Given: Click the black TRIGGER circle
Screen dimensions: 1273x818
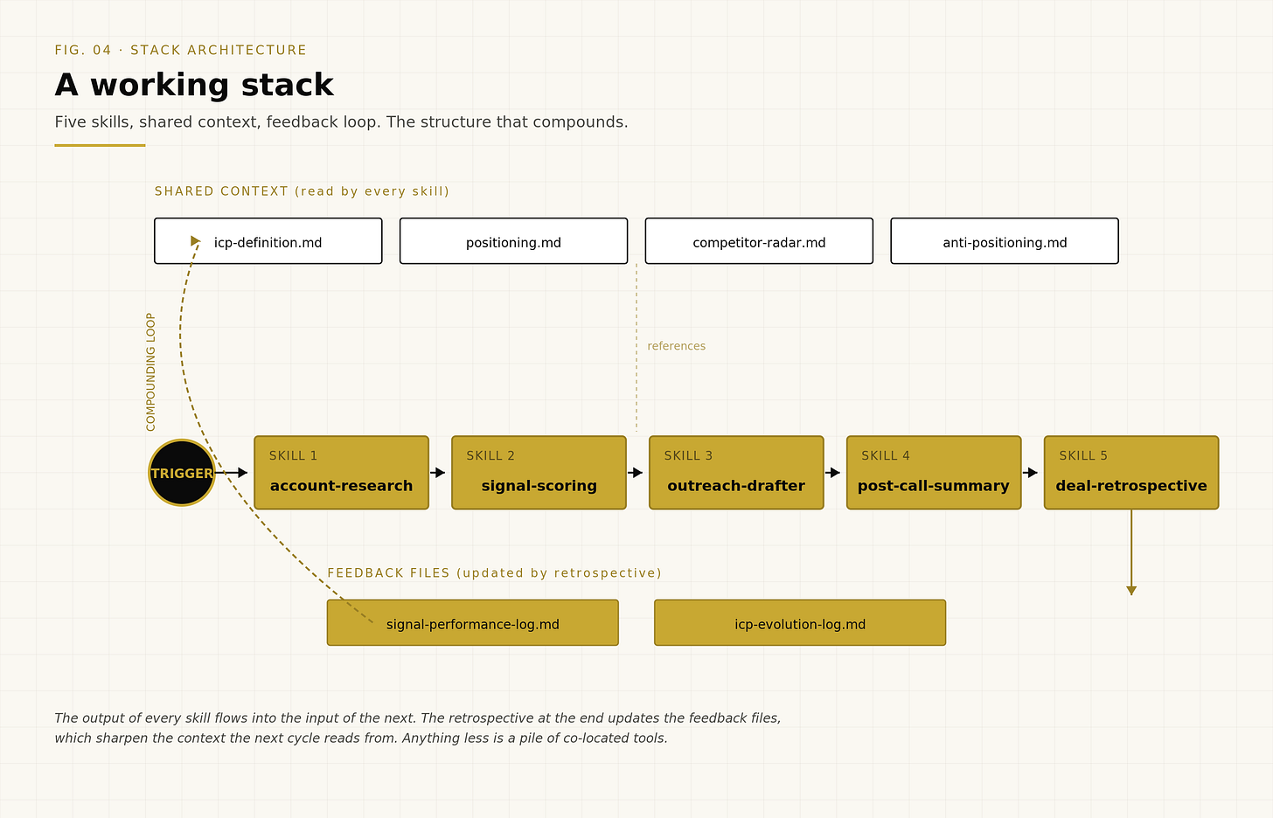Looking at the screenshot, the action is pos(181,473).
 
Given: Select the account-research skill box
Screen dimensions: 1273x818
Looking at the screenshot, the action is pos(341,473).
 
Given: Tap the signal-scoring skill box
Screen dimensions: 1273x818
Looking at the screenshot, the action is pos(539,473).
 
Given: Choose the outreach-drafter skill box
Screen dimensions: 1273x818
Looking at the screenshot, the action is pos(736,473).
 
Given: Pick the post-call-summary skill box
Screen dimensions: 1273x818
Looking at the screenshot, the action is pos(934,473).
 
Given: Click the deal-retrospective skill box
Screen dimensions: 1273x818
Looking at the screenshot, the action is pos(1131,473).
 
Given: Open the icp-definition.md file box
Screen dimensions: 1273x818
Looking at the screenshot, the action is pos(268,241).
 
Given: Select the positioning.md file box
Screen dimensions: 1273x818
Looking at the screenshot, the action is pos(514,241).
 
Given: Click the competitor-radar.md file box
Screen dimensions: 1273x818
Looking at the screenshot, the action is pos(759,241).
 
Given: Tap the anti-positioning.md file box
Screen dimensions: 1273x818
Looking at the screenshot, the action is pos(1005,241).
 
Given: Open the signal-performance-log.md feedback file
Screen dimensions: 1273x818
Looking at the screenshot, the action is pos(473,622).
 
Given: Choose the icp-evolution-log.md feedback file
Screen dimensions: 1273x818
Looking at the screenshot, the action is pos(800,622).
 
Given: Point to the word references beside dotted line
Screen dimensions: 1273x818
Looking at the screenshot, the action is pos(677,346).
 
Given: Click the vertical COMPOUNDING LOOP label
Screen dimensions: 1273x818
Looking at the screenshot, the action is pos(150,372).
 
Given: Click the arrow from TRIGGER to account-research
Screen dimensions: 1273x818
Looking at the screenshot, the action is pos(232,473).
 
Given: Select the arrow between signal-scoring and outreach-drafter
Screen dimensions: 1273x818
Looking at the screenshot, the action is pos(636,473).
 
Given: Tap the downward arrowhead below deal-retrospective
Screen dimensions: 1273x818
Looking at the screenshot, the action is pos(1131,591).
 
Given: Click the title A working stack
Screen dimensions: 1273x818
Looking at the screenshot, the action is pos(194,86).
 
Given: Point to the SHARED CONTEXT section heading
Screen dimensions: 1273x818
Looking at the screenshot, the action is pos(302,191).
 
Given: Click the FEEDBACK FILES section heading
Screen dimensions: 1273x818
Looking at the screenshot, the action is pos(495,573).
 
